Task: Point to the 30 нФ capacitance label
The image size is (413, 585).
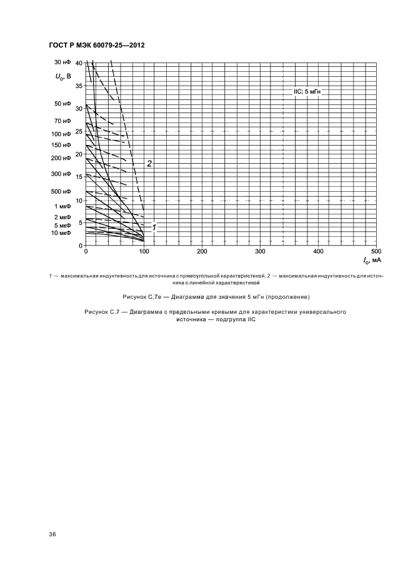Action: [x=62, y=62]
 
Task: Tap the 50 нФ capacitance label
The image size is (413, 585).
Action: [x=62, y=103]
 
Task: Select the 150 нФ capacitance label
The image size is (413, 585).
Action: [x=61, y=146]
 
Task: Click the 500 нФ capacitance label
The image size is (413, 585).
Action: [x=61, y=191]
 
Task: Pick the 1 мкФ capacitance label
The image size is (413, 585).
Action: [x=62, y=206]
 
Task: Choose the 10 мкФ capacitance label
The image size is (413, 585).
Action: [x=62, y=232]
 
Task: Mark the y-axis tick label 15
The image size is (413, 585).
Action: [x=78, y=177]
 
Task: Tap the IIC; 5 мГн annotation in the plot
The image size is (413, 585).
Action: [x=307, y=91]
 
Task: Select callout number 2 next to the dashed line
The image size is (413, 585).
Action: [x=149, y=163]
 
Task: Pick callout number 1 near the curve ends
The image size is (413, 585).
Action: [x=154, y=227]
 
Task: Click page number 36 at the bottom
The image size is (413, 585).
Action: [x=52, y=534]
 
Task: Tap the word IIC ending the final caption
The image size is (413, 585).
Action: [x=252, y=319]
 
